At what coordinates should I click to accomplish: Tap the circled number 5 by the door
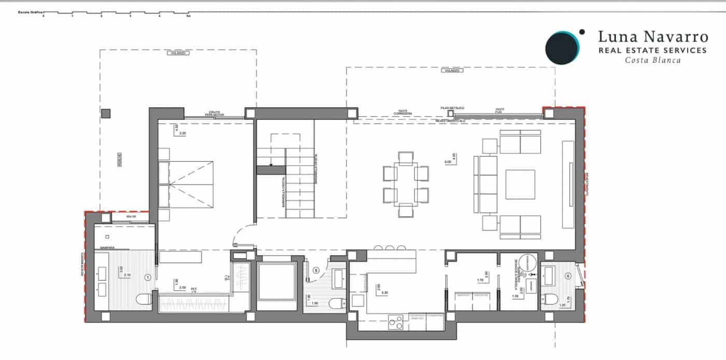(x=316, y=270)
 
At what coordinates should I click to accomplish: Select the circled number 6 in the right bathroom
(x=568, y=276)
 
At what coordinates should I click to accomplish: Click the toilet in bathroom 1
(x=144, y=299)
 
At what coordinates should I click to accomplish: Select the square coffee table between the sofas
(x=520, y=184)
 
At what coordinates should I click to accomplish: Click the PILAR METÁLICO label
(x=450, y=107)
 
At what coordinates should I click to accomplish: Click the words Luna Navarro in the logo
(x=652, y=36)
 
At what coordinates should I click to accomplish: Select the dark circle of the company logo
(x=562, y=48)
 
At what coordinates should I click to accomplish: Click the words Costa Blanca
(x=652, y=60)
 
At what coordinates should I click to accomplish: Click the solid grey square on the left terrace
(x=106, y=113)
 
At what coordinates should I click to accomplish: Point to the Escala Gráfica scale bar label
(x=30, y=11)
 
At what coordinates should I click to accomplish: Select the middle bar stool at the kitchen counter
(x=390, y=246)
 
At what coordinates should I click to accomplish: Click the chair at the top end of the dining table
(x=406, y=156)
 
